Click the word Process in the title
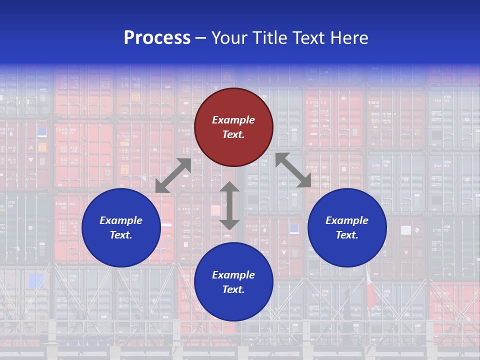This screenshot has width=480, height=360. [x=157, y=38]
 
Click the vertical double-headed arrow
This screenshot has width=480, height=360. [x=229, y=205]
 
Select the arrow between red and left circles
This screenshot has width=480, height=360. [x=173, y=175]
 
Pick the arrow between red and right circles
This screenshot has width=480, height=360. [x=293, y=170]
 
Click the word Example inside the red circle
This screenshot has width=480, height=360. [x=233, y=120]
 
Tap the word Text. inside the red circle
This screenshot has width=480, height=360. [x=233, y=134]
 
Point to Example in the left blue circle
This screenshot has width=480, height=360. [x=121, y=220]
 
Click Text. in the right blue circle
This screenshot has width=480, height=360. [x=347, y=235]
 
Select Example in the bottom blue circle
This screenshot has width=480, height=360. [x=233, y=275]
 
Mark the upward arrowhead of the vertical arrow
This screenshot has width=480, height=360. [x=229, y=187]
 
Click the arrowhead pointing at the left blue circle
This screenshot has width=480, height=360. [x=161, y=187]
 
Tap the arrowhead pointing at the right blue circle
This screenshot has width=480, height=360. [x=304, y=181]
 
